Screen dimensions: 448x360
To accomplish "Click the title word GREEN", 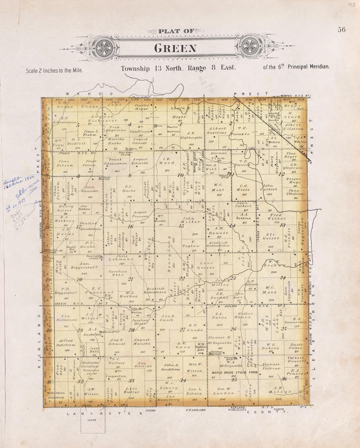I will [175, 48].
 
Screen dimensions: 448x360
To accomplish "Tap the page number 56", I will [342, 29].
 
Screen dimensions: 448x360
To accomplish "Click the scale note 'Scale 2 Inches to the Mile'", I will [54, 70].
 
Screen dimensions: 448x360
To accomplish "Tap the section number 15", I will [181, 226].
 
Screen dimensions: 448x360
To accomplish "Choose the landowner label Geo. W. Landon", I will [224, 391].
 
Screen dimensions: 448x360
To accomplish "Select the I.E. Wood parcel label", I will [167, 161].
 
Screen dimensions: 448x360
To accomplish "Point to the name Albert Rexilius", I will [217, 131].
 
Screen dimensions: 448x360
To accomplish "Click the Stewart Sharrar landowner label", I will [271, 366].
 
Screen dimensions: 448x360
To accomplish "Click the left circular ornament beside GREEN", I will [106, 48].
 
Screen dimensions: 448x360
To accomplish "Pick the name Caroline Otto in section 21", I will [118, 273].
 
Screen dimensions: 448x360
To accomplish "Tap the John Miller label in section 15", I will [191, 220].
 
